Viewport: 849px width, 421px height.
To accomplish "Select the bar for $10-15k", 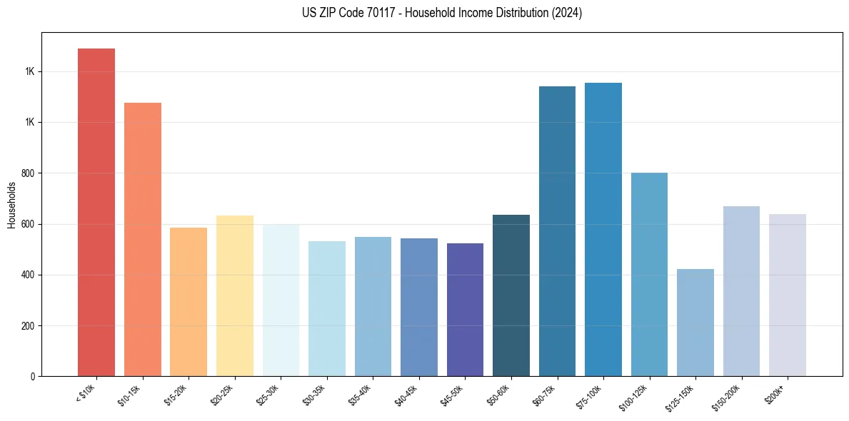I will [143, 239].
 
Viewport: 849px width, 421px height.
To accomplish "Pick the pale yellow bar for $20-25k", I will [235, 295].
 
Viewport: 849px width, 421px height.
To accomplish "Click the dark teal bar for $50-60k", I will [511, 295].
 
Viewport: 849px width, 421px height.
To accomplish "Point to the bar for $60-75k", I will [557, 231].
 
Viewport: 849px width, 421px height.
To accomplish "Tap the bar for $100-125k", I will [649, 274].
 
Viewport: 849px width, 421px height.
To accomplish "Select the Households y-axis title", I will [11, 205].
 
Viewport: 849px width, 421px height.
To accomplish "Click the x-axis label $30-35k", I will [314, 395].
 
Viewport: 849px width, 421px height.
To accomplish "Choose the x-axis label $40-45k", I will [406, 395].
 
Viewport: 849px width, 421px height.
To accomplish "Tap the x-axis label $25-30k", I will [268, 395].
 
